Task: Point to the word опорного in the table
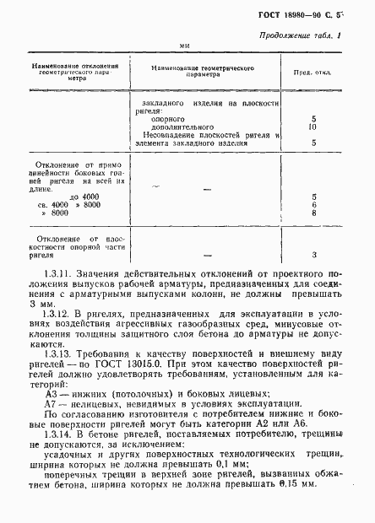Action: tap(169, 119)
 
